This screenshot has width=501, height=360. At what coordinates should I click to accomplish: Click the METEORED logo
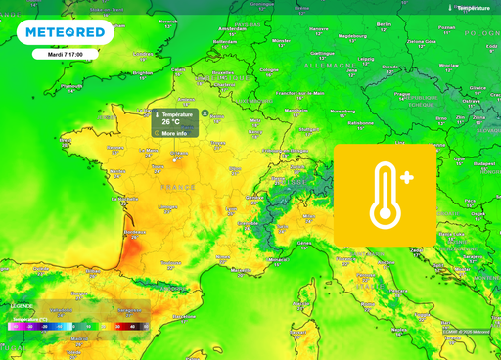click(x=66, y=32)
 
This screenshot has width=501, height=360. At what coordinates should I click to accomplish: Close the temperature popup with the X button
click(x=205, y=113)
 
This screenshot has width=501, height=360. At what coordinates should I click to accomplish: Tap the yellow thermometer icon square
click(x=385, y=195)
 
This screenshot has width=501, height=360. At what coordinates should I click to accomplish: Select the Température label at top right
click(x=474, y=8)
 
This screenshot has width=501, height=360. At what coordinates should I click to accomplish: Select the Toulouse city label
click(x=171, y=262)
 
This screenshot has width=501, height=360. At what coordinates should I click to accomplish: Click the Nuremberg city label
click(x=342, y=112)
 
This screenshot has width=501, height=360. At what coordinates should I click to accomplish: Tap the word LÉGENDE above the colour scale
click(x=22, y=306)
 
